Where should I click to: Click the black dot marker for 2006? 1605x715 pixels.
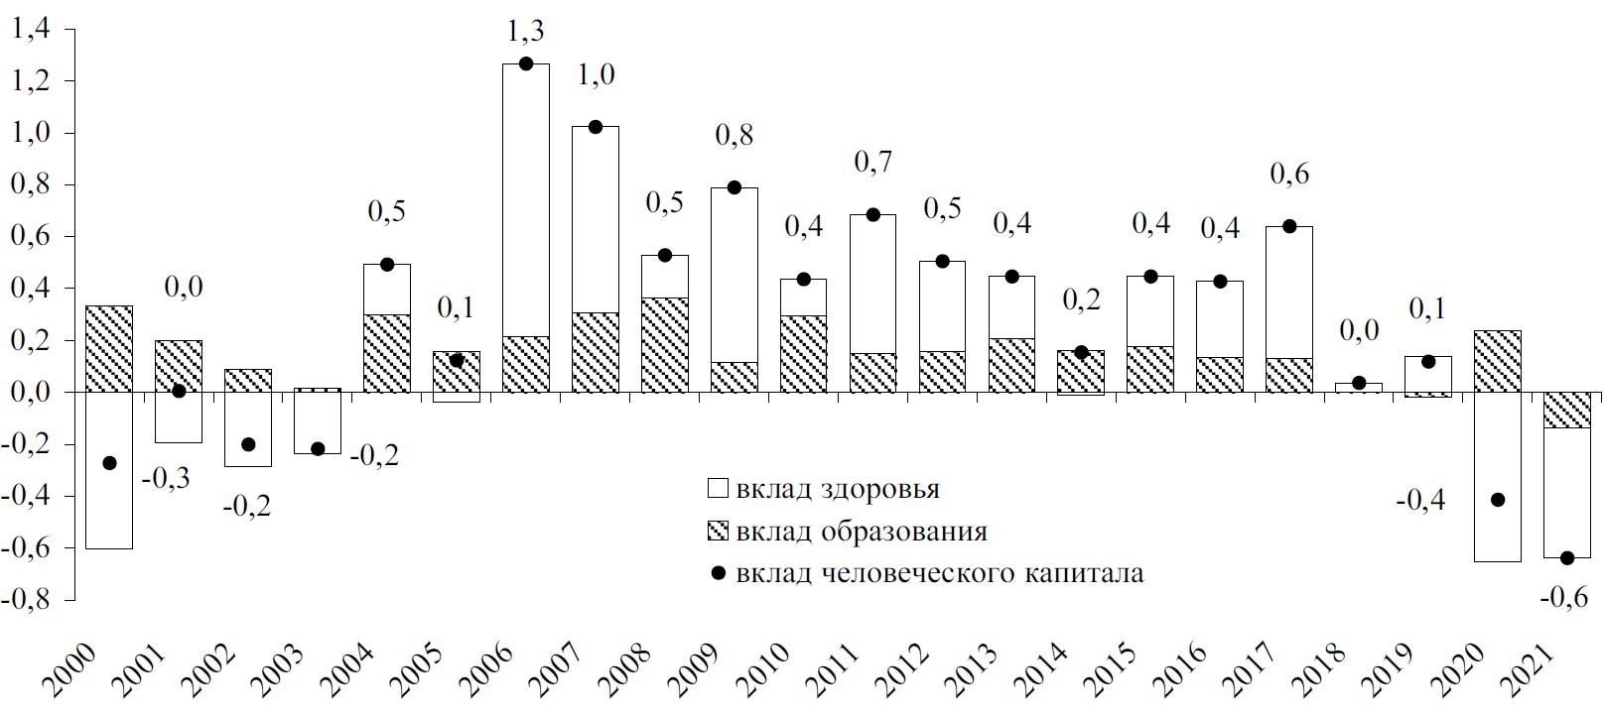[x=526, y=64]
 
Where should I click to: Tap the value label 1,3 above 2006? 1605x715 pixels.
[x=526, y=32]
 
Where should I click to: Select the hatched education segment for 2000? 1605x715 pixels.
[x=109, y=349]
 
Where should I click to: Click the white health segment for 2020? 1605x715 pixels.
[x=1497, y=476]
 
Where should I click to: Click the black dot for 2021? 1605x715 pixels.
[x=1567, y=558]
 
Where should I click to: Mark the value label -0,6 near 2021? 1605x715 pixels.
[x=1564, y=597]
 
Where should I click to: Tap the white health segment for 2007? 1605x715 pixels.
[x=596, y=218]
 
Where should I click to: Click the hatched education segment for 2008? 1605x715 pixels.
[x=665, y=344]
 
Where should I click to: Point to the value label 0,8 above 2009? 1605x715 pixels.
[x=735, y=135]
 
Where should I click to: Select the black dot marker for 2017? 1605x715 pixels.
[x=1289, y=226]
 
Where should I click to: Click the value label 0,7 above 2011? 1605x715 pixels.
[x=873, y=162]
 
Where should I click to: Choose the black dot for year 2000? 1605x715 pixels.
[x=109, y=463]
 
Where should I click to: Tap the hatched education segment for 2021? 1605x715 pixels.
[x=1567, y=410]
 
